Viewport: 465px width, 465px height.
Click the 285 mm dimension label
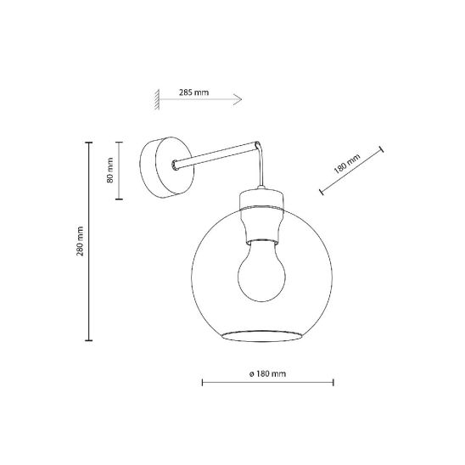click(x=193, y=92)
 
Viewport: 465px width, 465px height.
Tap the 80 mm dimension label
click(x=110, y=171)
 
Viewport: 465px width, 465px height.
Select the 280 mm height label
click(x=80, y=241)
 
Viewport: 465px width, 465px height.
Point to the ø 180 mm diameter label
click(x=268, y=373)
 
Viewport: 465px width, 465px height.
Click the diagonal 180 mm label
click(x=347, y=164)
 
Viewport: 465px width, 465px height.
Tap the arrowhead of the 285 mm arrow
click(x=238, y=99)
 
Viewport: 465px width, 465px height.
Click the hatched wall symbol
click(x=157, y=99)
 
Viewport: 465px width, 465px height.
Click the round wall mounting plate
click(x=167, y=167)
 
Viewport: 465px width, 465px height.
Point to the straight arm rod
click(x=215, y=155)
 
